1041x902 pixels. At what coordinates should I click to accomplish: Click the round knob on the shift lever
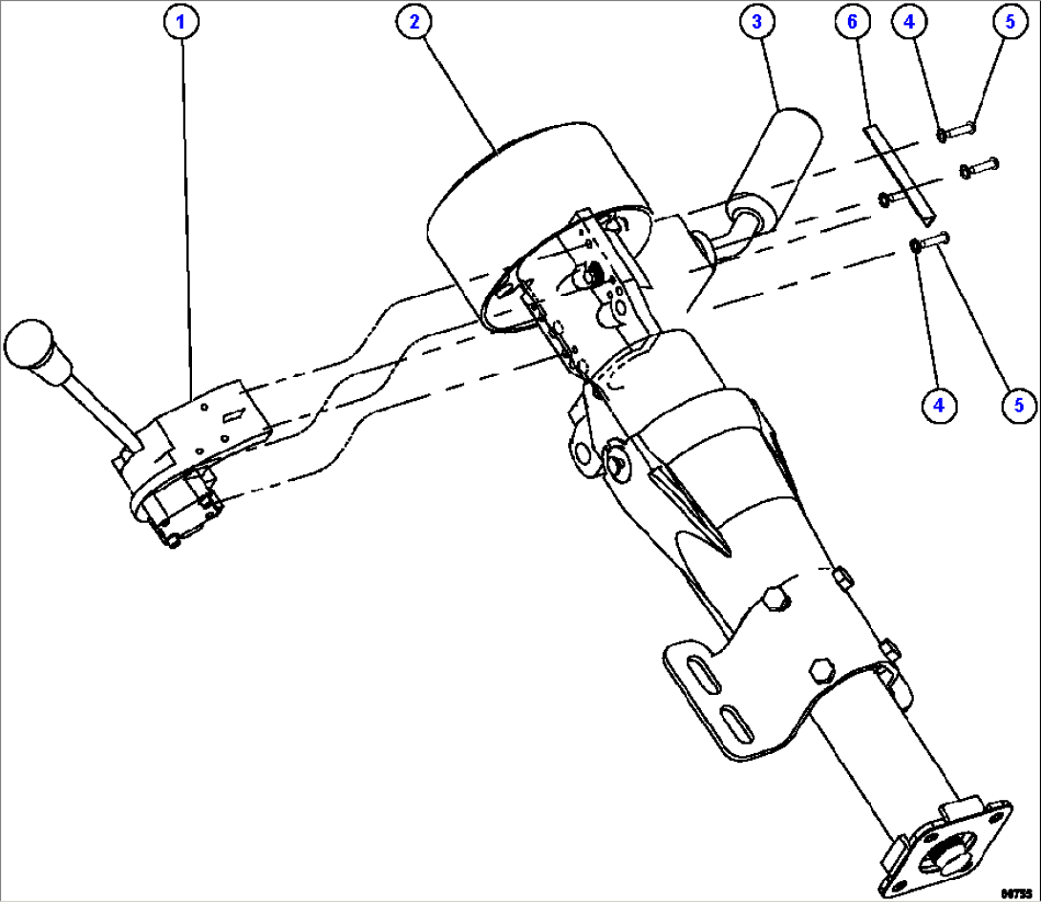32,347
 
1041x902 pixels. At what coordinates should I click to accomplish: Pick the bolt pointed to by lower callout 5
934,242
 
